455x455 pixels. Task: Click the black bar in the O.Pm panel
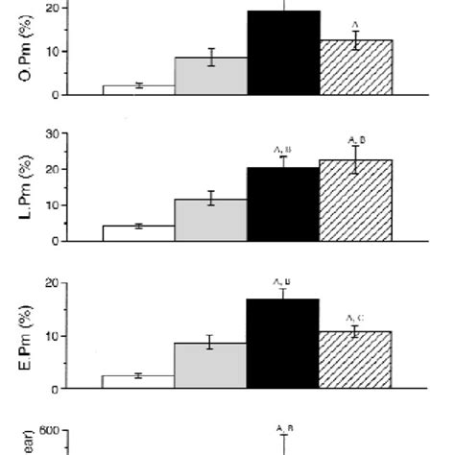pyautogui.click(x=283, y=53)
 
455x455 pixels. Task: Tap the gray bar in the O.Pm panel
pyautogui.click(x=211, y=76)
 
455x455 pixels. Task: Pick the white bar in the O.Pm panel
pyautogui.click(x=139, y=89)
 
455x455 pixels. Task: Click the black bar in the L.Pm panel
pyautogui.click(x=283, y=204)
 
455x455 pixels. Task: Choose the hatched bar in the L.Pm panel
pyautogui.click(x=356, y=201)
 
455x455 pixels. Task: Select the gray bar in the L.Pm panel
pyautogui.click(x=211, y=220)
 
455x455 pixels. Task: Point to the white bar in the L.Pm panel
pyautogui.click(x=139, y=233)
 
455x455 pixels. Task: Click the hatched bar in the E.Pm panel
pyautogui.click(x=356, y=360)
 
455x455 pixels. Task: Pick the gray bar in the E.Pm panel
pyautogui.click(x=211, y=366)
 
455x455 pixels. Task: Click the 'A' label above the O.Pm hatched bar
pyautogui.click(x=355, y=24)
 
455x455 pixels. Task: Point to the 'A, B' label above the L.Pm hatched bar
pyautogui.click(x=356, y=140)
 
